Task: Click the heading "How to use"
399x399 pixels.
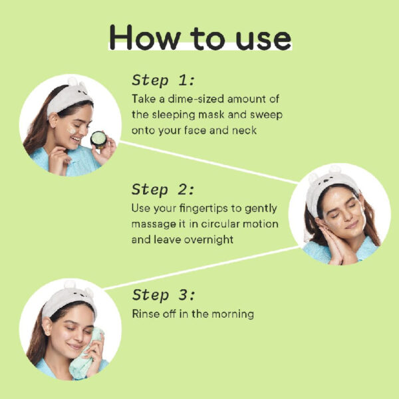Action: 200,37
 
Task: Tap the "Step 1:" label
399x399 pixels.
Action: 164,80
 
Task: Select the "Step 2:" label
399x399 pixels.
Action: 163,190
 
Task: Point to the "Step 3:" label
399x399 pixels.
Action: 164,295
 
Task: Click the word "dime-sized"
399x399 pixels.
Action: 196,98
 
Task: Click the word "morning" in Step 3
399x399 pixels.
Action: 233,315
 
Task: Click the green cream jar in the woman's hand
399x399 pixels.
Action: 98,139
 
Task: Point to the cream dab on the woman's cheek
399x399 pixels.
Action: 72,130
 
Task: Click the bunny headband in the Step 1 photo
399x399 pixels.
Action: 69,96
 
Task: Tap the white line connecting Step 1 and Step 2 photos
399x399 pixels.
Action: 209,162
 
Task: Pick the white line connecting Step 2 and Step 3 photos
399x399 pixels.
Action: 201,268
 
